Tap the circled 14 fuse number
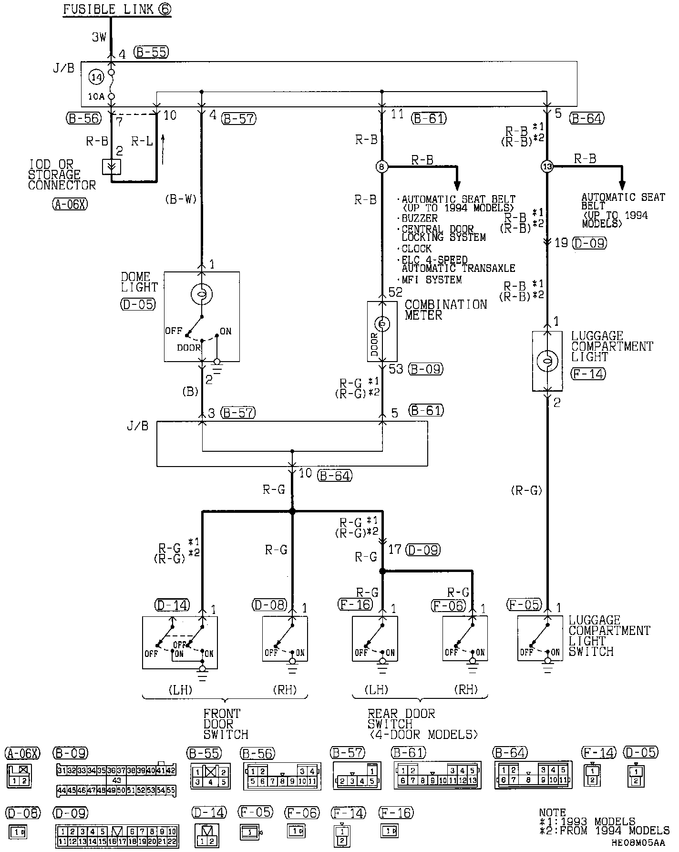96,77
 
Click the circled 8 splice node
382,166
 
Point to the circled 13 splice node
547,166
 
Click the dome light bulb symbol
202,295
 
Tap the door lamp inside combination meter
382,324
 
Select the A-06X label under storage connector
70,205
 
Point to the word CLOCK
416,249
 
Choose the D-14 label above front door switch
172,605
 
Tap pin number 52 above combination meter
395,292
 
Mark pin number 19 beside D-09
561,243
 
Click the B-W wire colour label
181,199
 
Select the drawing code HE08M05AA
638,843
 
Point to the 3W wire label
99,37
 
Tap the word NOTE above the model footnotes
552,812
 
